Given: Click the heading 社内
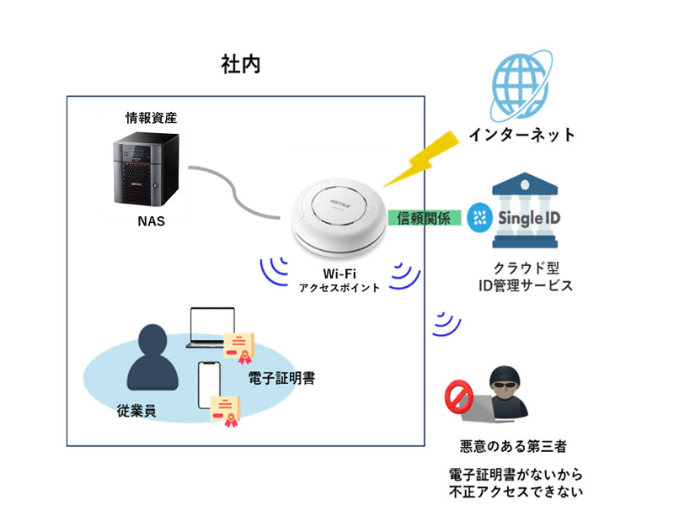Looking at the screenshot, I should pos(240,65).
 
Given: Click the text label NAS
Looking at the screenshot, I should pos(151,223).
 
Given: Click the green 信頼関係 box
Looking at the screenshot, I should pos(425,218).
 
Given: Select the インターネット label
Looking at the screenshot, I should pos(522,134).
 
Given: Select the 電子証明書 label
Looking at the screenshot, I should pos(282,379).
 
